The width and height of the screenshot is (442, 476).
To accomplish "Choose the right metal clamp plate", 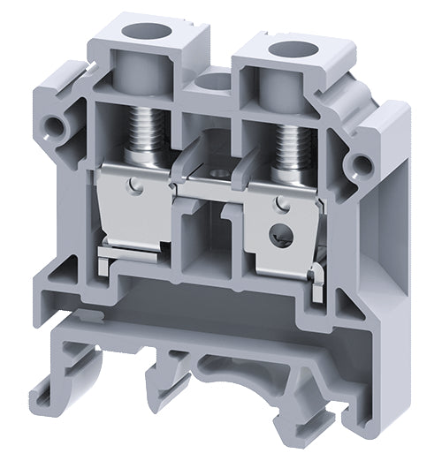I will coord(281,234).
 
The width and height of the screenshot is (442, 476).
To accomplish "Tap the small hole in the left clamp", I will coord(133,185).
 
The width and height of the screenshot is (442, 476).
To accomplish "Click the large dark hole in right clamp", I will coord(282,237).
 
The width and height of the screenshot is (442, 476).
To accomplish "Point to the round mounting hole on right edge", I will coord(362,162).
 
